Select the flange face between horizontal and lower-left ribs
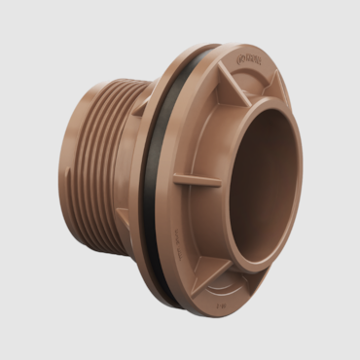(x=195, y=229)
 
